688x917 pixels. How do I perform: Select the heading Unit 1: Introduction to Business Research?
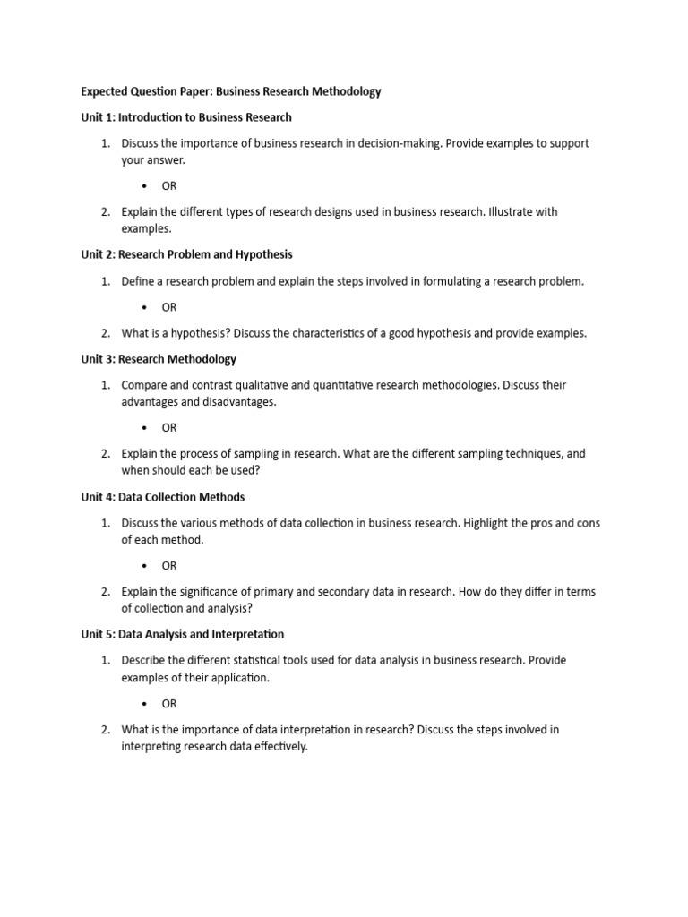[x=186, y=117]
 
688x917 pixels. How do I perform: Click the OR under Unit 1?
[x=169, y=186]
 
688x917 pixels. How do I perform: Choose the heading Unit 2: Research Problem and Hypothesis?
[x=186, y=254]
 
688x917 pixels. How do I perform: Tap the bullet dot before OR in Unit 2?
[x=145, y=307]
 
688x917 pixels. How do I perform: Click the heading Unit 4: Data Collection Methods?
[x=162, y=497]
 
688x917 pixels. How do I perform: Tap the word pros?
[x=526, y=523]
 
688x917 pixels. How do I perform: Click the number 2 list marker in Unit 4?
[x=105, y=592]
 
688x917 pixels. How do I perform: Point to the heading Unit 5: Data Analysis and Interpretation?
[x=182, y=634]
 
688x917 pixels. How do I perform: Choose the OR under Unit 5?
[x=169, y=704]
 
